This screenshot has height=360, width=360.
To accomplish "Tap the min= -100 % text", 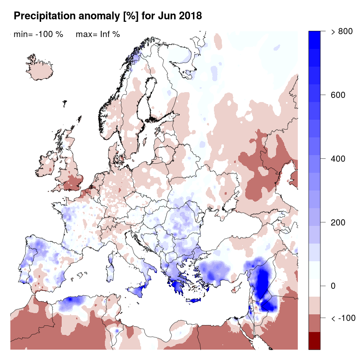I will [x=38, y=35].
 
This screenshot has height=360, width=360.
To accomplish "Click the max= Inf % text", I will [x=98, y=35].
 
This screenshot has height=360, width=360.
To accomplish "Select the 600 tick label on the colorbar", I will [x=338, y=95].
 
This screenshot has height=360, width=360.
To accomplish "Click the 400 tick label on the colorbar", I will [x=338, y=159].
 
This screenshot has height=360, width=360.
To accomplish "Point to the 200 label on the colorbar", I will [x=338, y=223].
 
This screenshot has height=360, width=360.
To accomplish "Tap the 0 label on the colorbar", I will [x=334, y=286].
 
